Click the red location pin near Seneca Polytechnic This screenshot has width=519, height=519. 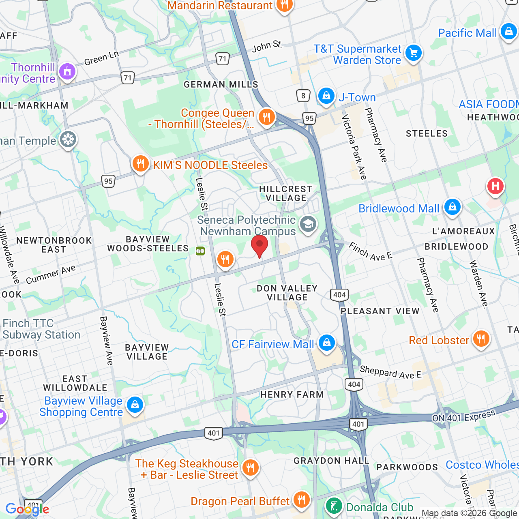point(259,245)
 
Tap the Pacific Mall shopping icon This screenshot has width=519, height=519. point(508,32)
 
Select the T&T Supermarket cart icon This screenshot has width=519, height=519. point(414,53)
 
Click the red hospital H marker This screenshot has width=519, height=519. point(495,187)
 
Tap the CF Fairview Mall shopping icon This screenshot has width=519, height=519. point(327,343)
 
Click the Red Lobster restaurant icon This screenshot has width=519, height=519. point(481,339)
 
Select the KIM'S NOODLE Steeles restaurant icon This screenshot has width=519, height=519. point(140,164)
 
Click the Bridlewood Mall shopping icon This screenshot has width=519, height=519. point(453,207)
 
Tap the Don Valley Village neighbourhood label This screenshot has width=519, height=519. point(287,293)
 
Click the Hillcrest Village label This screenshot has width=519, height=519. point(286,193)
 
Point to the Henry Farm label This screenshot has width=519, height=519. point(292,395)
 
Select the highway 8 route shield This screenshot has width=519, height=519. point(303,96)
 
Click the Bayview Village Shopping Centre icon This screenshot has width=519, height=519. point(135,405)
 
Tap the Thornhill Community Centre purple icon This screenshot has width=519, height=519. point(67,72)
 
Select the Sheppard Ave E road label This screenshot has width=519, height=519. point(390,372)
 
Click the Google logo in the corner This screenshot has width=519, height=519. point(27,509)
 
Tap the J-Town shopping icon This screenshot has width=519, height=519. point(326,96)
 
